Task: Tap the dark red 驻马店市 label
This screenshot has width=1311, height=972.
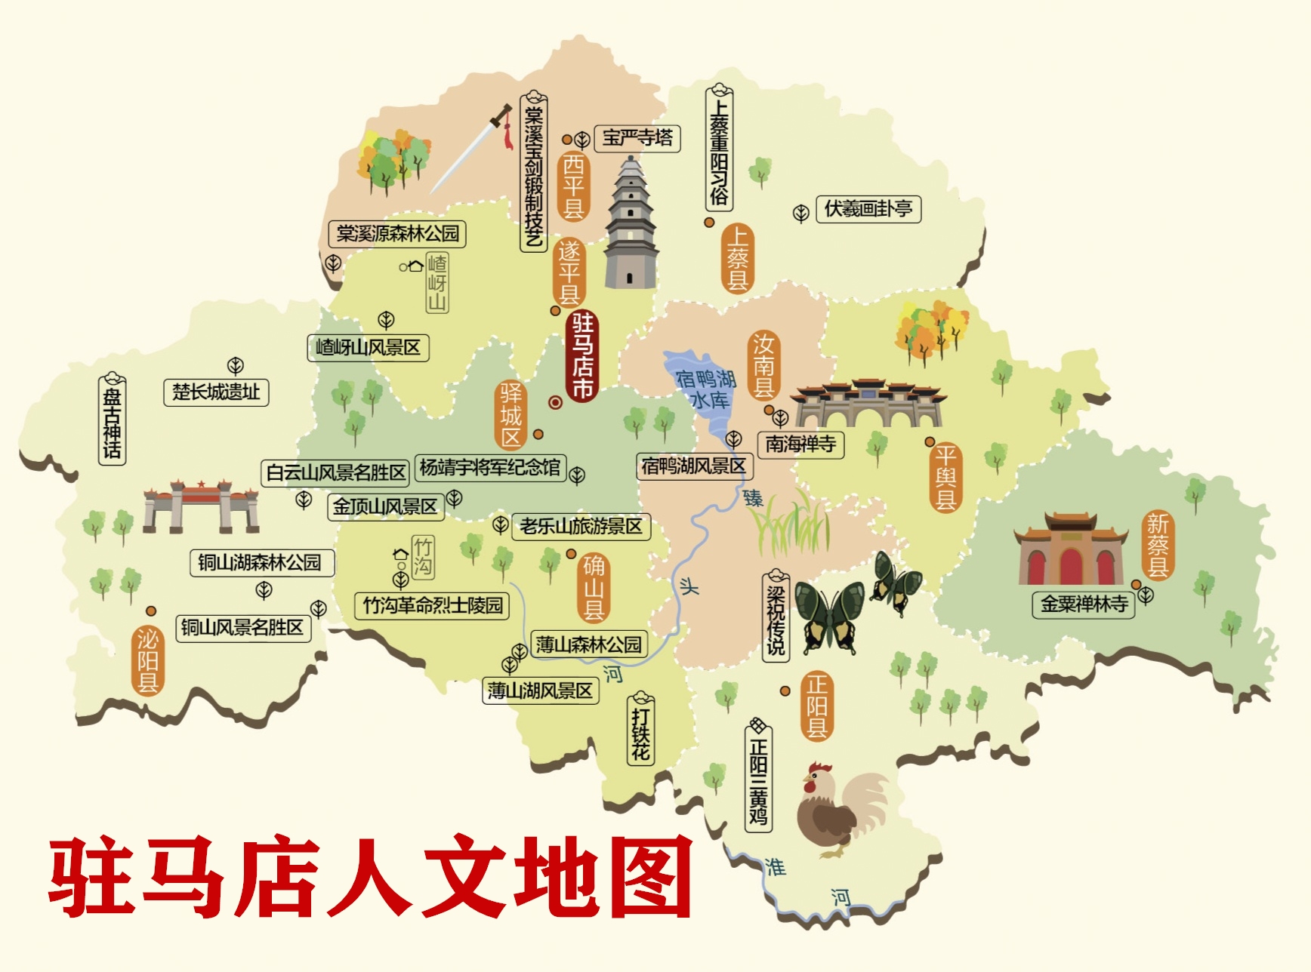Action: pos(581,355)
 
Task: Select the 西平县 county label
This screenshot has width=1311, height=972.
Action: pos(573,186)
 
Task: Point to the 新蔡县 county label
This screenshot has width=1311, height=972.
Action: pos(1158,545)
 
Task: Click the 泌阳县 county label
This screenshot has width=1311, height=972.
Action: pos(147,660)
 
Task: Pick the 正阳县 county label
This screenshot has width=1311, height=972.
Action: pos(816,706)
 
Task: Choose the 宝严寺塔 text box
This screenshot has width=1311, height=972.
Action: pos(637,138)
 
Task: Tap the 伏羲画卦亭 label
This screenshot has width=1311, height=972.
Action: pos(868,209)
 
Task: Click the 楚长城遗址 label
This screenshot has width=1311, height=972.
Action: pos(216,392)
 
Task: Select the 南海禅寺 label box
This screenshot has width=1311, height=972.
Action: pos(800,444)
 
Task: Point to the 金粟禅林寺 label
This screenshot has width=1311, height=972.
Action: pos(1084,604)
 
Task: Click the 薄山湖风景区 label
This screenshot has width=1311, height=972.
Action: pos(541,691)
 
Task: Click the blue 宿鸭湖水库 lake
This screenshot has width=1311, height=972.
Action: pos(702,385)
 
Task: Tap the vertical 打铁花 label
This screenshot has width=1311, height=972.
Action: pos(640,730)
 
